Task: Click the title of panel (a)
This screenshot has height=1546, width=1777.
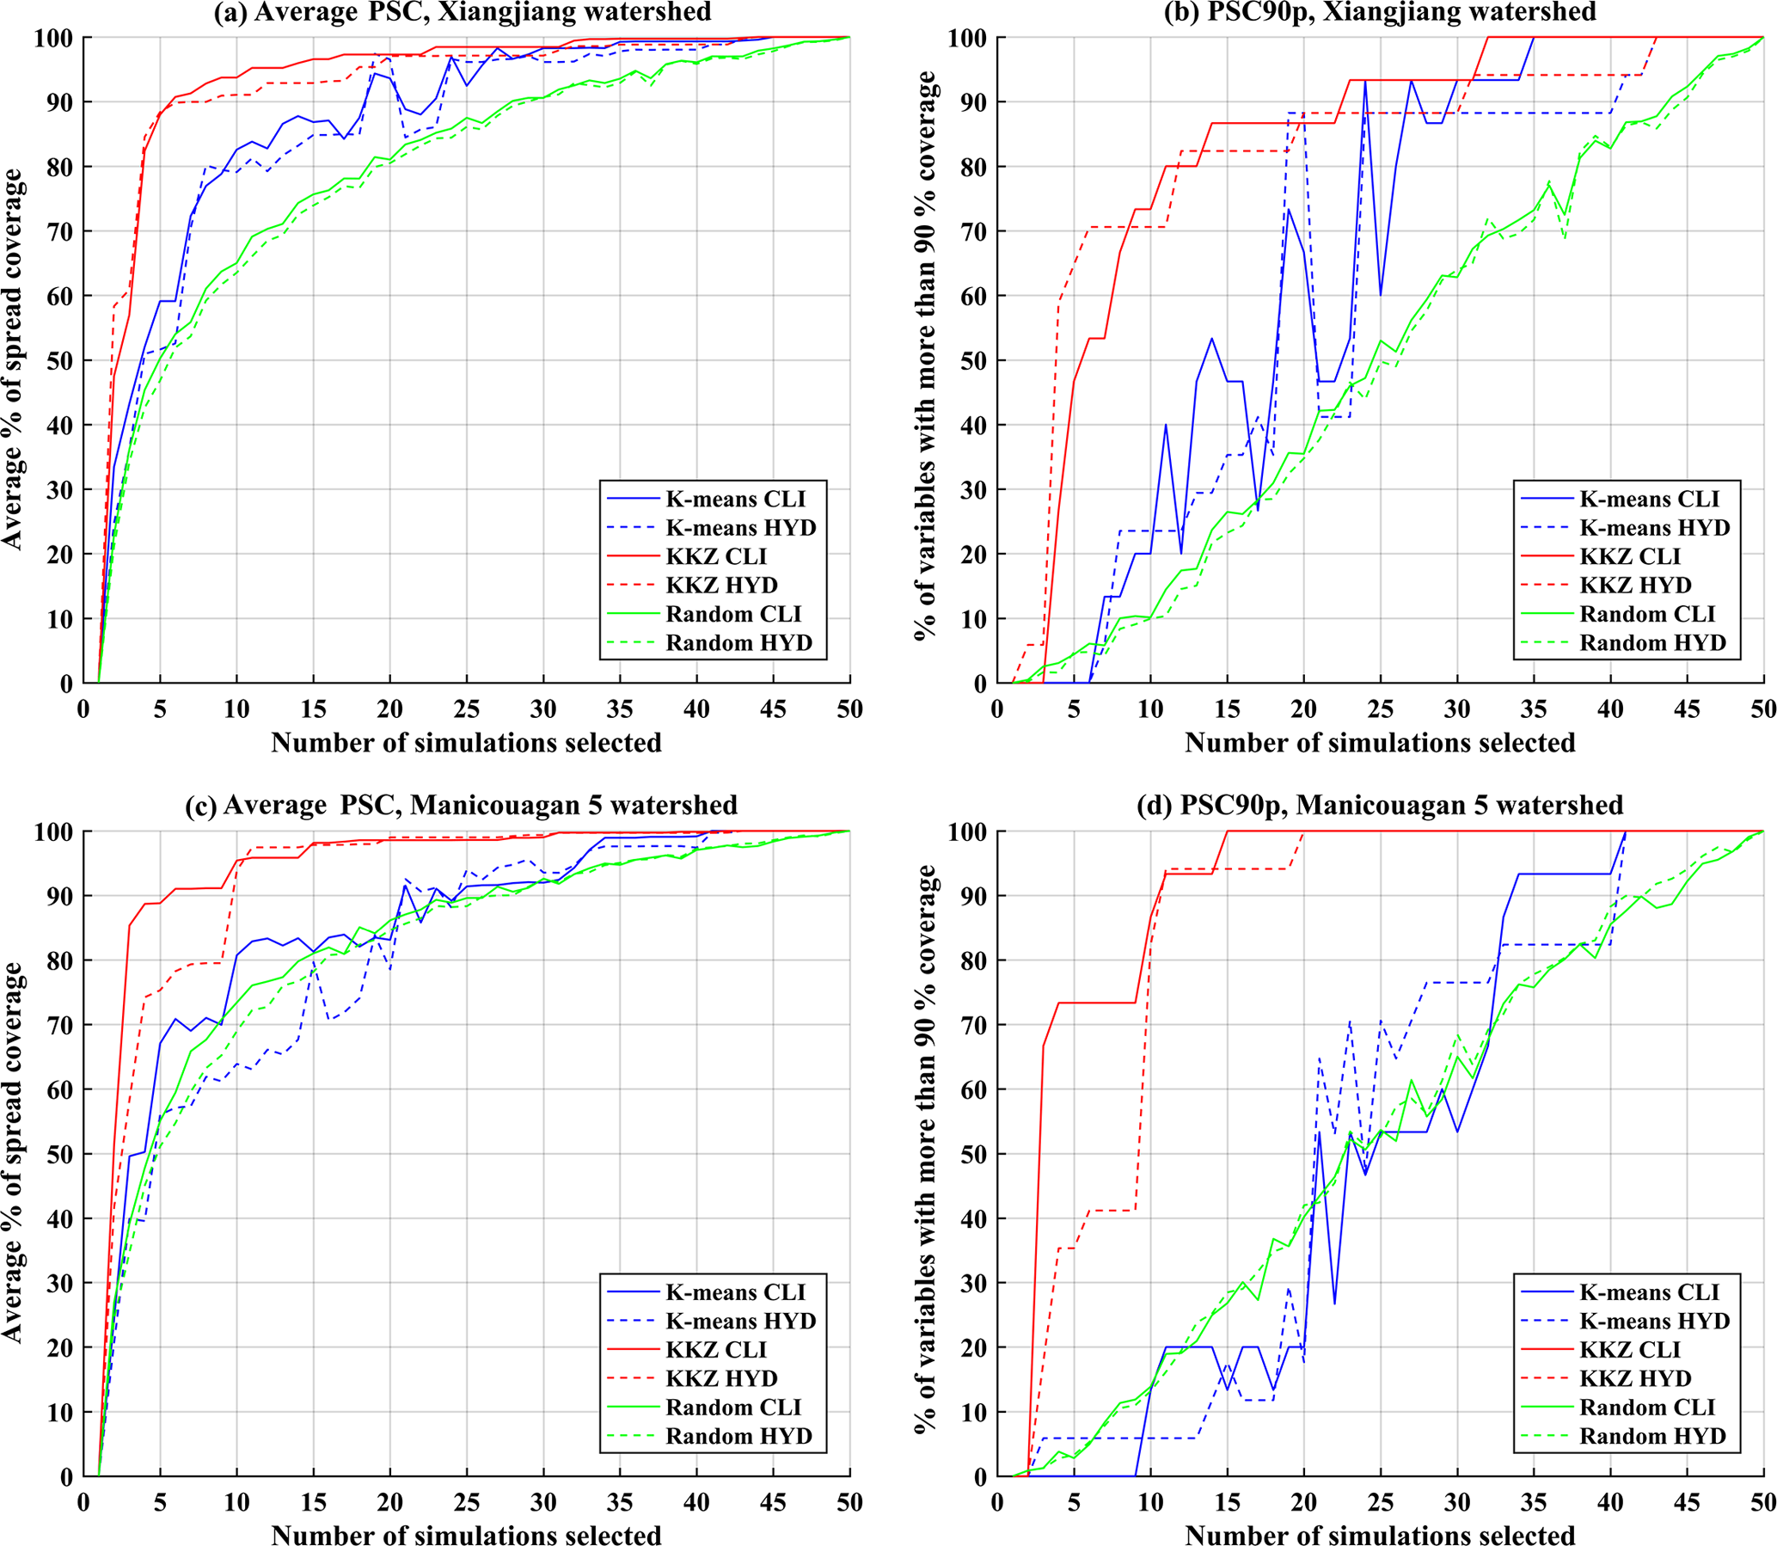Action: tap(463, 12)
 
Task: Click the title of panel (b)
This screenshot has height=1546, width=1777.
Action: tap(1380, 12)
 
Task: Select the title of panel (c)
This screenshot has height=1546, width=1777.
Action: tap(462, 805)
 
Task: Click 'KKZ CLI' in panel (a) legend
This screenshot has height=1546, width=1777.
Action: tap(716, 556)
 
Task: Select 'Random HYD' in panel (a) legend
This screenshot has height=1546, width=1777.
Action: tap(738, 642)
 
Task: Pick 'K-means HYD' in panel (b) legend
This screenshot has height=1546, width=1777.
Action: tap(1655, 527)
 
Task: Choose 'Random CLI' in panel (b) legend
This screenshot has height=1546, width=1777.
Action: tap(1646, 614)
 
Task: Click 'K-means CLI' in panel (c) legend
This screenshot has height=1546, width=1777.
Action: tap(735, 1291)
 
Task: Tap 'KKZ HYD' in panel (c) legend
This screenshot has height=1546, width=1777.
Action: tap(721, 1377)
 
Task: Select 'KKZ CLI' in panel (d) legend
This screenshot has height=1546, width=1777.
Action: tap(1629, 1349)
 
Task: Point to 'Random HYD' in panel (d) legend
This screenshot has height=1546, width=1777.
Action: tap(1652, 1436)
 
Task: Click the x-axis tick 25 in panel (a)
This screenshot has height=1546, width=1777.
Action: tap(467, 709)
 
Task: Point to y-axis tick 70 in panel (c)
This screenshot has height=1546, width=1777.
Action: tap(57, 1025)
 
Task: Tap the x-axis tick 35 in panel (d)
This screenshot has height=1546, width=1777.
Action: tap(1533, 1502)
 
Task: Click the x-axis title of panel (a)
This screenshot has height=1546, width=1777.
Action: tap(466, 743)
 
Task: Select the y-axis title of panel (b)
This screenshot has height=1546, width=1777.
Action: tap(926, 355)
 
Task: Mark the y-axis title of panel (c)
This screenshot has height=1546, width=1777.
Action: tap(12, 1151)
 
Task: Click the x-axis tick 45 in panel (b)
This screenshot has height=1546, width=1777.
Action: tap(1687, 709)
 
